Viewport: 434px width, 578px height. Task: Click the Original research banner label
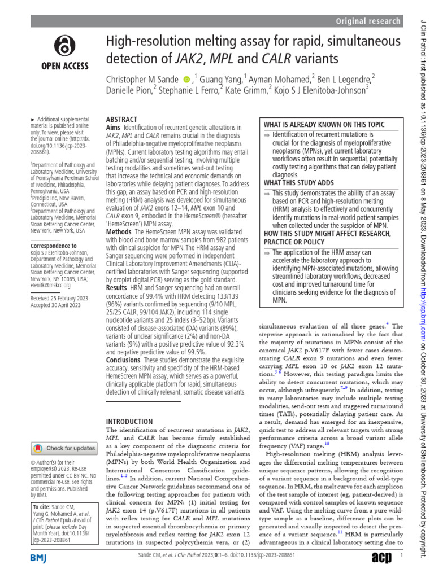pos(368,21)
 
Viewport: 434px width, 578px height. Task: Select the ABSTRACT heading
pos(121,120)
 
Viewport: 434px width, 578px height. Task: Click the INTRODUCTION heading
pos(129,422)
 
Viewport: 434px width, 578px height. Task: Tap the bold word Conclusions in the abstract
pos(124,360)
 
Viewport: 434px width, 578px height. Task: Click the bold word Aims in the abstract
pos(114,128)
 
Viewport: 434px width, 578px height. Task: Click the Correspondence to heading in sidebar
pos(54,246)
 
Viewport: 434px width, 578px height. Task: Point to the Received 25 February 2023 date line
pos(59,298)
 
